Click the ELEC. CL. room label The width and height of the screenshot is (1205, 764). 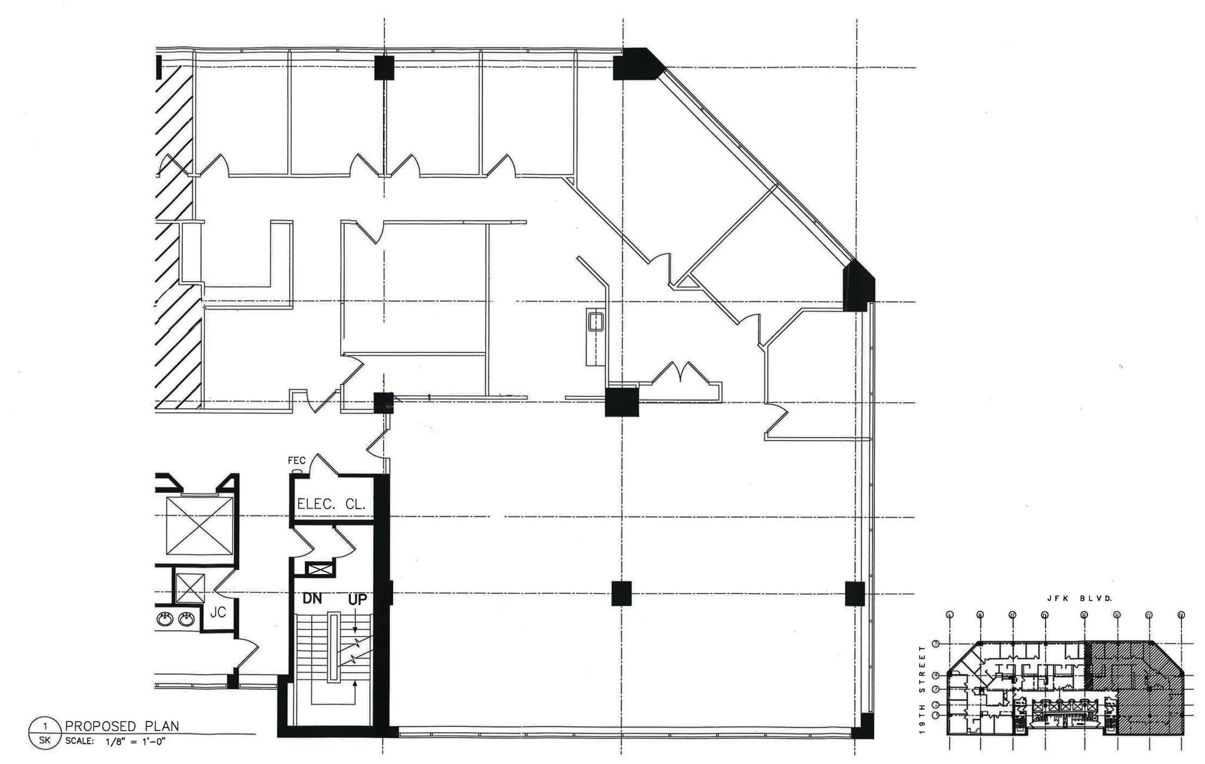332,504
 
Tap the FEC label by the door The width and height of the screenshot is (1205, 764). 297,461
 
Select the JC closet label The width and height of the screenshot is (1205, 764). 218,612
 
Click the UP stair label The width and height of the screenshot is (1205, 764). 357,599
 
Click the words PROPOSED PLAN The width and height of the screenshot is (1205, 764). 122,726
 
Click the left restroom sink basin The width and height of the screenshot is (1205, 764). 165,619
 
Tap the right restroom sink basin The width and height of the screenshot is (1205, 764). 187,619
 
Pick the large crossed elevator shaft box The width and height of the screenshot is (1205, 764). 199,525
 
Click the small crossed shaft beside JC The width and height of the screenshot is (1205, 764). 189,588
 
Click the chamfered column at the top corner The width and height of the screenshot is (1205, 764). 637,64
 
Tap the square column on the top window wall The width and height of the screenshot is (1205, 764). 384,68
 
